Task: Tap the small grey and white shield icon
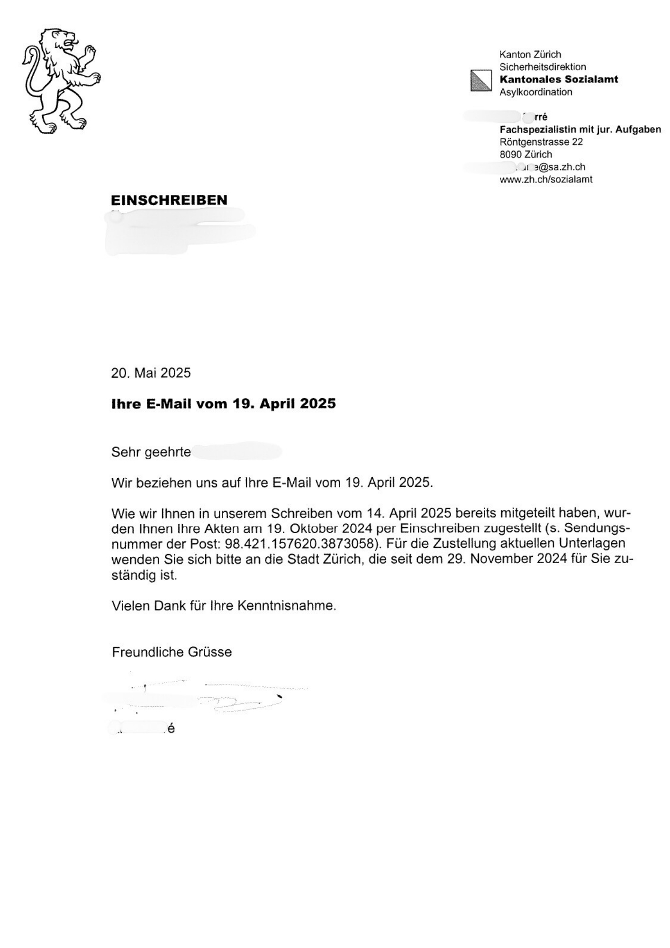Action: tap(480, 81)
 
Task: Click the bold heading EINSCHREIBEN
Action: tap(169, 200)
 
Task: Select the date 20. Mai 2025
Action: tap(151, 373)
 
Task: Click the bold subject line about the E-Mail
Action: tap(223, 404)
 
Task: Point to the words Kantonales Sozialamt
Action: tap(559, 80)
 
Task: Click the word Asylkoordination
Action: tap(535, 92)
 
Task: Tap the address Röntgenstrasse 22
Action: tap(541, 142)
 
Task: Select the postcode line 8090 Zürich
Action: tap(525, 154)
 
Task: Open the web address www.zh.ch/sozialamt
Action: tap(546, 179)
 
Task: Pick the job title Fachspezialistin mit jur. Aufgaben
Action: tap(580, 129)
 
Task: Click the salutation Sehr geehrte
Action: tap(151, 452)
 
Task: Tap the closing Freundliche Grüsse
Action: tap(172, 652)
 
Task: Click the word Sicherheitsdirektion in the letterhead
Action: tap(543, 67)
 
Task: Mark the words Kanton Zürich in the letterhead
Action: tap(530, 55)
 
